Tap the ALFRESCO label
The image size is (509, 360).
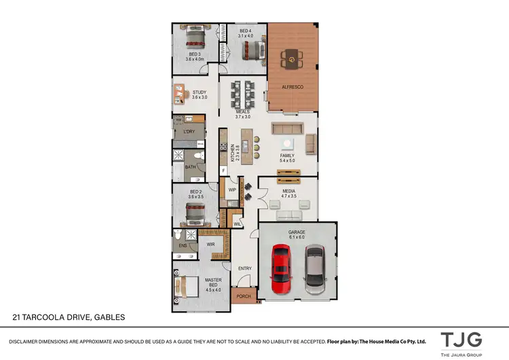click(x=293, y=88)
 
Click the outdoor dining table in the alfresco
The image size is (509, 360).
click(x=293, y=60)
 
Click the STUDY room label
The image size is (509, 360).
click(x=199, y=92)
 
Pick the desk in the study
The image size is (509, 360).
click(x=179, y=92)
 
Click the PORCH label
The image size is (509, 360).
click(x=242, y=296)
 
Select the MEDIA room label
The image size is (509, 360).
click(x=290, y=192)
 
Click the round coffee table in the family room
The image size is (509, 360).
click(x=288, y=143)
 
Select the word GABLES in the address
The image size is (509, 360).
click(x=109, y=317)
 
